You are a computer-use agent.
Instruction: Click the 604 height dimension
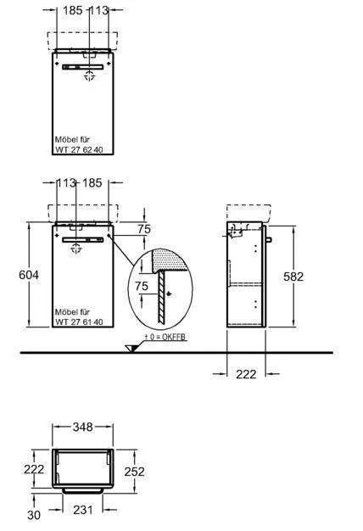coord(29,275)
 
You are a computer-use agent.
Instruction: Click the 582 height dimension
coord(293,277)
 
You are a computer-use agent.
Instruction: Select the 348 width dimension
coord(83,427)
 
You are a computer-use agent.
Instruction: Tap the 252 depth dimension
coord(134,472)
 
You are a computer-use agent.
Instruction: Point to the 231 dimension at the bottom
coord(82,509)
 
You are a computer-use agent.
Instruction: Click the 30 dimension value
coord(34,515)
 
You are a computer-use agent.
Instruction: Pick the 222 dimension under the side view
coord(246,374)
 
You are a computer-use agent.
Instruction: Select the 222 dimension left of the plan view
coord(34,469)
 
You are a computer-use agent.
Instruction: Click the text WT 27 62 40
coord(79,149)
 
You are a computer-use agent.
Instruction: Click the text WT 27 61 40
coord(79,322)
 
